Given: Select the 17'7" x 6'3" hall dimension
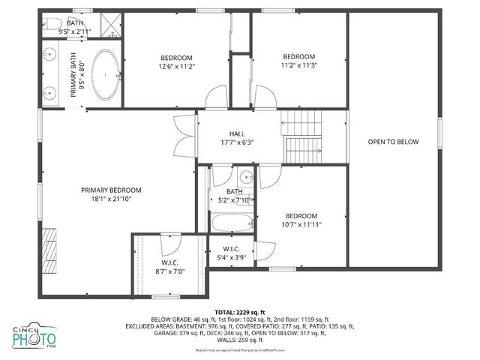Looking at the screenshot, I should [x=237, y=142].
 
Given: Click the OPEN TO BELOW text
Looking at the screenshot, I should [x=393, y=142].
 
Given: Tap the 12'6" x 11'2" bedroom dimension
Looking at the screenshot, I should [x=176, y=67].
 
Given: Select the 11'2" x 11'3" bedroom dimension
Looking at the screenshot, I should [x=299, y=65].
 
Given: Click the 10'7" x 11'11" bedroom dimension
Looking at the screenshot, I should [x=302, y=224].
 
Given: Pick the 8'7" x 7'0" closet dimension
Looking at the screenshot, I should [x=169, y=271].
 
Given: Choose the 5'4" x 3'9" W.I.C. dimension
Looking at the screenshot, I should [x=231, y=258].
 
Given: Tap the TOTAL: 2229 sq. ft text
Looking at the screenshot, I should [x=240, y=311].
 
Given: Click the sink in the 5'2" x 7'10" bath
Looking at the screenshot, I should [x=245, y=178].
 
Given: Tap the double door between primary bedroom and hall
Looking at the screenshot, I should [x=182, y=136].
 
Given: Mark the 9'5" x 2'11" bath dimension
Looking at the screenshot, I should [x=75, y=31].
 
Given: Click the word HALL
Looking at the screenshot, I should [x=237, y=133].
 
